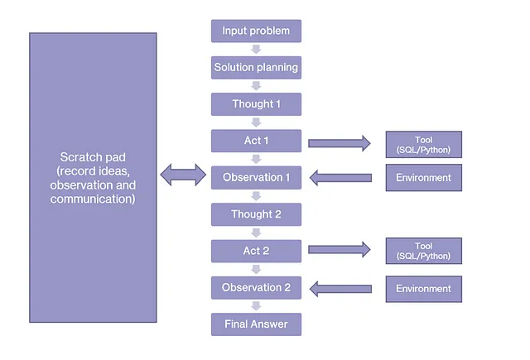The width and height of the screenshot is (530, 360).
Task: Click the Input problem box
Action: click(256, 31)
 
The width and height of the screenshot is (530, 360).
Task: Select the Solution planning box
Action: click(256, 68)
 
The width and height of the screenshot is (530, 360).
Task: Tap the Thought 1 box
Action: click(256, 104)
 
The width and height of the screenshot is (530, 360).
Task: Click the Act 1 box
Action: click(256, 141)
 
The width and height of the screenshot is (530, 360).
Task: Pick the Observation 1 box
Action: click(256, 178)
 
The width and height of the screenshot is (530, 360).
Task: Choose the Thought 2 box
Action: click(256, 214)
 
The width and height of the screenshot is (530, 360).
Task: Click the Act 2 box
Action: click(256, 251)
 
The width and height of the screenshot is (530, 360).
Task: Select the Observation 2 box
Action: click(256, 288)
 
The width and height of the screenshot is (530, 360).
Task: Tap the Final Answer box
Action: click(256, 324)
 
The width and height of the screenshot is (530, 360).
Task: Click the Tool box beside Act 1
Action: click(424, 145)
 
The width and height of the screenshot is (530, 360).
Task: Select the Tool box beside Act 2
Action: click(424, 251)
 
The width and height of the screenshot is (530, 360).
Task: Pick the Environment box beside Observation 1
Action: click(424, 178)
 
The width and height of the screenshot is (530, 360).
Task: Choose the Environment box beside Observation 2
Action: click(424, 289)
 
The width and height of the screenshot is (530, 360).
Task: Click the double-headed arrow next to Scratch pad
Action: click(183, 175)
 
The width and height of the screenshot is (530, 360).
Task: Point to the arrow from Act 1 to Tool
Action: click(340, 143)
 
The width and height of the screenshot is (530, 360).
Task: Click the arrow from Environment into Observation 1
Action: click(340, 178)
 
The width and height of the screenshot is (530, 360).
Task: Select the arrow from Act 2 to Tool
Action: click(340, 250)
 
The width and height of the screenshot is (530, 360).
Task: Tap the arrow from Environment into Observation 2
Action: click(340, 289)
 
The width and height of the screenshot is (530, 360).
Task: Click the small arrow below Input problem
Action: click(256, 50)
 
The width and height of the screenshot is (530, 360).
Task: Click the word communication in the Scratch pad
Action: click(93, 199)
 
